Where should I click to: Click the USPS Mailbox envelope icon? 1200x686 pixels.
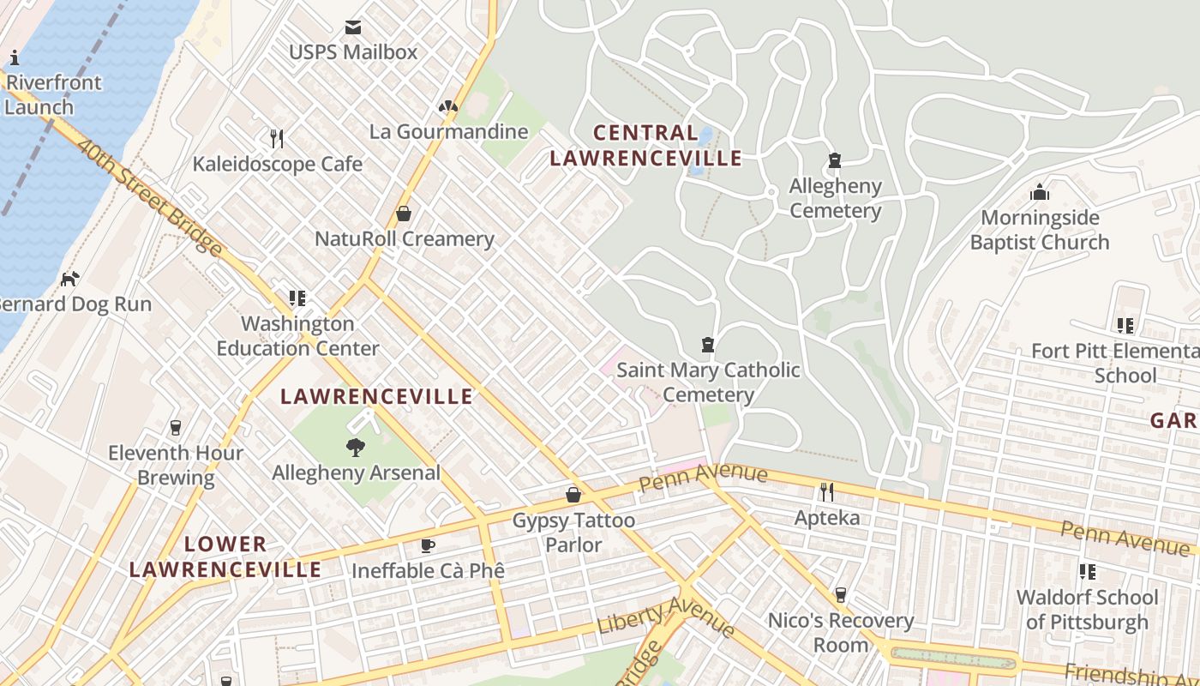tap(353, 27)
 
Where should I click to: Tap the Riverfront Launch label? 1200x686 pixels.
tap(51, 94)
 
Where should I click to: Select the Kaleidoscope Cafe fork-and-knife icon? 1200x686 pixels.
tap(276, 138)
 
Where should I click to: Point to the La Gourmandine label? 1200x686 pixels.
tap(448, 131)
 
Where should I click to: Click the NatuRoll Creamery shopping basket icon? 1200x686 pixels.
tap(404, 214)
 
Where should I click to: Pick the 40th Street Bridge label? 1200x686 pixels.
tap(149, 196)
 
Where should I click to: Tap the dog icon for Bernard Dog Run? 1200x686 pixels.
tap(69, 279)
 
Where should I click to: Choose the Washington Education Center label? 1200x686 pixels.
tap(297, 335)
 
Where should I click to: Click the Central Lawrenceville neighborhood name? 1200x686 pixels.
tap(645, 145)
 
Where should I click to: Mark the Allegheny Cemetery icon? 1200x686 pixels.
tap(834, 160)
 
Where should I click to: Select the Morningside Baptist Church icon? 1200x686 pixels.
tap(1040, 192)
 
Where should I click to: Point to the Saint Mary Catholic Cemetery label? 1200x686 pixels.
tap(708, 382)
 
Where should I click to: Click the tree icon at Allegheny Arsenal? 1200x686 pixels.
tap(355, 447)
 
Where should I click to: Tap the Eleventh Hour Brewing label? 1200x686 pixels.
tap(176, 465)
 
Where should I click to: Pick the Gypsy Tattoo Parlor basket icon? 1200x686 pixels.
tap(573, 495)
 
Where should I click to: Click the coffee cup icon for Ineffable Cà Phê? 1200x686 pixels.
tap(427, 545)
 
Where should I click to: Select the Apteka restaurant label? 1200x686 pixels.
tap(826, 518)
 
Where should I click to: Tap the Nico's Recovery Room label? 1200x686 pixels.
tap(841, 632)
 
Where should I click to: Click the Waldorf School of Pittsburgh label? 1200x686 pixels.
tap(1087, 609)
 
